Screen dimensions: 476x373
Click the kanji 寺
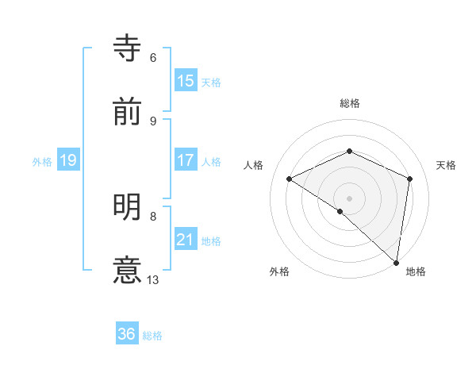click(128, 49)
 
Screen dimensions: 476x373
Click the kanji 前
click(128, 112)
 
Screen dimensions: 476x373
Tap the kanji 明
click(128, 207)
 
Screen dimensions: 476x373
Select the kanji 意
click(128, 270)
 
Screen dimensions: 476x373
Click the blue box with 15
click(186, 81)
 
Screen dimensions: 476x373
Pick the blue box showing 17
click(186, 160)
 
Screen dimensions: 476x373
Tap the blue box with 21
click(186, 240)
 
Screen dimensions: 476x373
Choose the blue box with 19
click(68, 160)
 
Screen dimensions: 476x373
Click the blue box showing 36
click(127, 334)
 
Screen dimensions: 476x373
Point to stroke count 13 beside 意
click(153, 279)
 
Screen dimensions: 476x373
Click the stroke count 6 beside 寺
click(153, 58)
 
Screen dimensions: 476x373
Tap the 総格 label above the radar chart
click(350, 104)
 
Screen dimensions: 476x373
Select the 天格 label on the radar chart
click(447, 165)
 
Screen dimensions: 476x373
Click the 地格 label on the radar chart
click(416, 272)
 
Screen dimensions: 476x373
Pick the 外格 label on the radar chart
click(279, 272)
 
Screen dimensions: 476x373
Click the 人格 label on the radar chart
click(254, 165)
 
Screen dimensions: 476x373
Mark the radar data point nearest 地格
click(397, 262)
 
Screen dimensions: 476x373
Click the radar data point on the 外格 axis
click(340, 211)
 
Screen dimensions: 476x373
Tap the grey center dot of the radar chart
click(350, 198)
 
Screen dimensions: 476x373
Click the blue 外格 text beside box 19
click(42, 161)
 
